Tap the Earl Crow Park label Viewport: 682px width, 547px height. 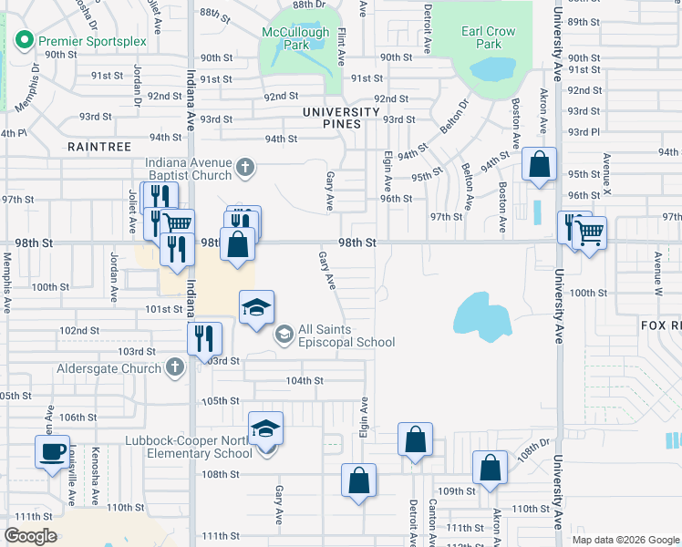point(489,37)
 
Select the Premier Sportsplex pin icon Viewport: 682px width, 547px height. point(23,40)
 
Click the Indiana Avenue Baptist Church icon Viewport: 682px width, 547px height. point(243,167)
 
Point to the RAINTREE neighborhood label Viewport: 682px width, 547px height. point(99,146)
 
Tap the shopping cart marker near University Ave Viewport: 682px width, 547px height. point(589,234)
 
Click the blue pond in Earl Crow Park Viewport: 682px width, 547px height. point(491,69)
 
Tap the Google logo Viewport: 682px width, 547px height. point(30,536)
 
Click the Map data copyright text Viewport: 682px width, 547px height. point(625,540)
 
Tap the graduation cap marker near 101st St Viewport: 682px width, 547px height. point(258,307)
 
